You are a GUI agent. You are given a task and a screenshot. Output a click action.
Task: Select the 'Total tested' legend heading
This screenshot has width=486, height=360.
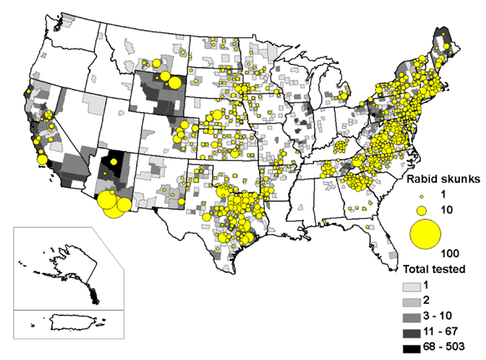click(433, 269)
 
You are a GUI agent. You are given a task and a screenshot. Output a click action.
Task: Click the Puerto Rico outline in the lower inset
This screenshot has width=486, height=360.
click(64, 326)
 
